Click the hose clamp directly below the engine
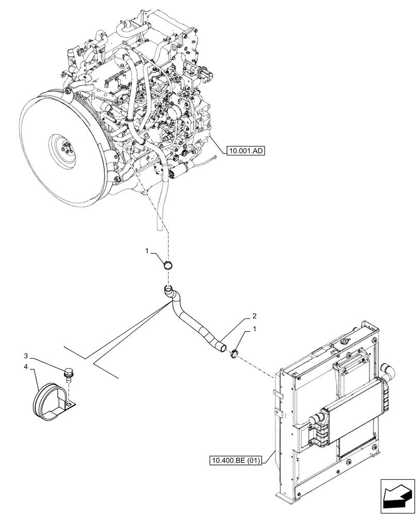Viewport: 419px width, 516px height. pos(168,266)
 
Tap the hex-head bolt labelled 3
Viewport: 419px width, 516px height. pos(68,374)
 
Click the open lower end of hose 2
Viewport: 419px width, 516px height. pos(221,349)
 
